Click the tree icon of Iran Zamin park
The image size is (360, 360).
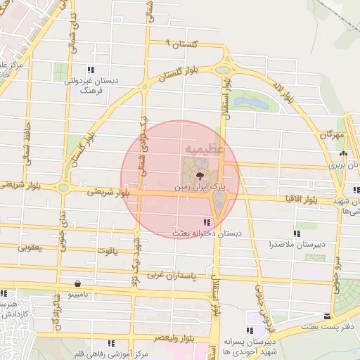(200, 174)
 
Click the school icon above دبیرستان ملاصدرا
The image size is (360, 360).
(297, 233)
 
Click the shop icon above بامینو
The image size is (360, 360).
(75, 285)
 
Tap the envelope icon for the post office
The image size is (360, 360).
(326, 316)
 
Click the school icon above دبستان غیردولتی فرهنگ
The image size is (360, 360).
(91, 69)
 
